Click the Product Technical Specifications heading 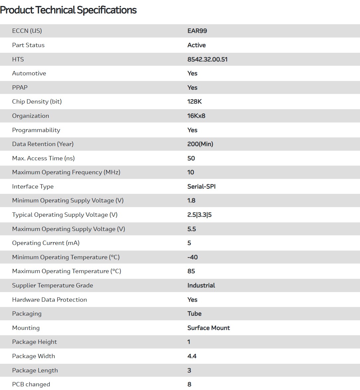click(x=68, y=10)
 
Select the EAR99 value click(x=197, y=31)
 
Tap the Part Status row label click(x=28, y=45)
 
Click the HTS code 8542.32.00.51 click(x=207, y=59)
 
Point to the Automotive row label click(x=29, y=73)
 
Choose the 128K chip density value click(x=194, y=102)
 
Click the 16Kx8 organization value click(x=196, y=116)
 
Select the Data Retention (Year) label click(x=43, y=144)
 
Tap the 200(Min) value click(x=200, y=144)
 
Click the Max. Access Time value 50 click(x=191, y=158)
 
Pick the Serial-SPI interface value click(x=201, y=187)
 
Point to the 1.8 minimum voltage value click(x=191, y=200)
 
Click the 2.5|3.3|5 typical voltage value click(x=199, y=215)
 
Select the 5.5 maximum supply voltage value click(x=192, y=229)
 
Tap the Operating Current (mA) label click(x=46, y=243)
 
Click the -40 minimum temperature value click(x=192, y=257)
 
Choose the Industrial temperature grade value click(x=201, y=285)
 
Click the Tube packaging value click(x=194, y=314)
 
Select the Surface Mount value click(x=208, y=328)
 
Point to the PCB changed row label click(x=31, y=384)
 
